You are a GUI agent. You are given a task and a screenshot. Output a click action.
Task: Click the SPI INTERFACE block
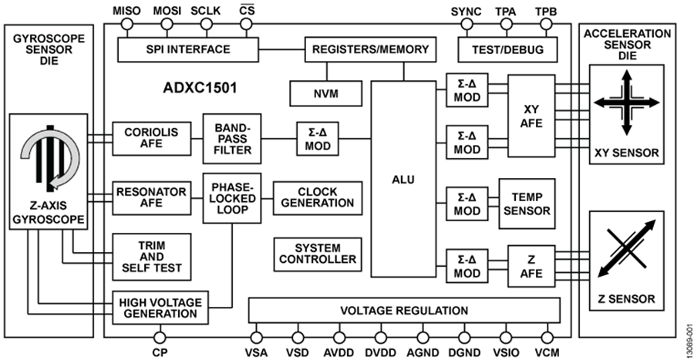click(x=200, y=50)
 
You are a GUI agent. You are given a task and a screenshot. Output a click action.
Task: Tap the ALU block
click(x=403, y=180)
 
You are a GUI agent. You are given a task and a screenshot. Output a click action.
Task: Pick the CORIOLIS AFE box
click(x=150, y=138)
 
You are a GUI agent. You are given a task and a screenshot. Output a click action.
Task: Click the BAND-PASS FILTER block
click(x=233, y=139)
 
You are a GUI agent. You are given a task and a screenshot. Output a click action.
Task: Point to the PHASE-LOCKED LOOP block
click(x=233, y=197)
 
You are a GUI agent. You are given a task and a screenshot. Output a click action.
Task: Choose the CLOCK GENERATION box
click(x=317, y=197)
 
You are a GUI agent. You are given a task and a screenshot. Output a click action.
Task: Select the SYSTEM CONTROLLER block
click(x=317, y=253)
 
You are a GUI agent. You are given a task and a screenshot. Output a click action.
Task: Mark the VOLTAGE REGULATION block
click(x=404, y=311)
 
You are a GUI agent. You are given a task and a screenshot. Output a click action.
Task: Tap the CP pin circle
click(x=160, y=336)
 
